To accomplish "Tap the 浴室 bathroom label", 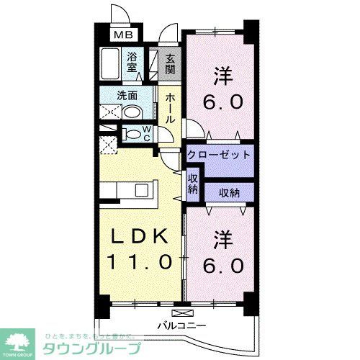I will coord(132,63).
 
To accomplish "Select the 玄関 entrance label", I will coord(169,64).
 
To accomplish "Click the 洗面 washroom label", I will coord(128,94).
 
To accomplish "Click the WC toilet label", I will coord(146,133).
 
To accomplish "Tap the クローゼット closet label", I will coord(219,154).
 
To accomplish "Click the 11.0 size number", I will coord(140,260).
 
